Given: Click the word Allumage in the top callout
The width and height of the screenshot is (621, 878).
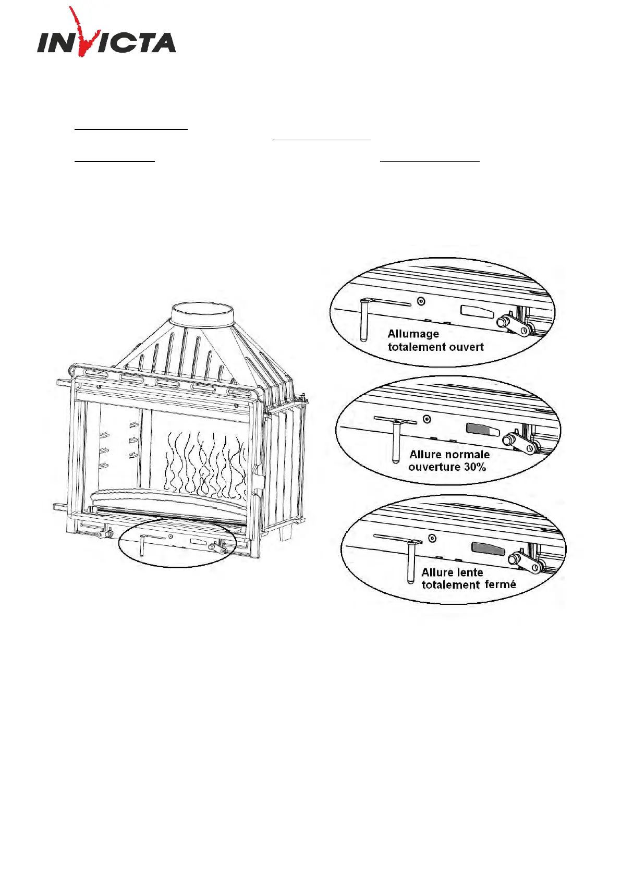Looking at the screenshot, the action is click(413, 334).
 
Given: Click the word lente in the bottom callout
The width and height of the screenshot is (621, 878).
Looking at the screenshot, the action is click(469, 572).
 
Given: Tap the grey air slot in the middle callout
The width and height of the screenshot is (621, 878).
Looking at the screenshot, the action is click(482, 429).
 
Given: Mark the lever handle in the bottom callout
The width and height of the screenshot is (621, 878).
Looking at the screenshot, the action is click(411, 561).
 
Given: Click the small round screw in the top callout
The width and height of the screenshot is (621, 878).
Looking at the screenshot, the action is click(421, 301).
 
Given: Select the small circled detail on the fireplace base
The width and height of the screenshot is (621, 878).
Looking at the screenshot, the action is click(177, 543).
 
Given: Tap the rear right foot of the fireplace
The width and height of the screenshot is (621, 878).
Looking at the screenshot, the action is click(284, 533).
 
